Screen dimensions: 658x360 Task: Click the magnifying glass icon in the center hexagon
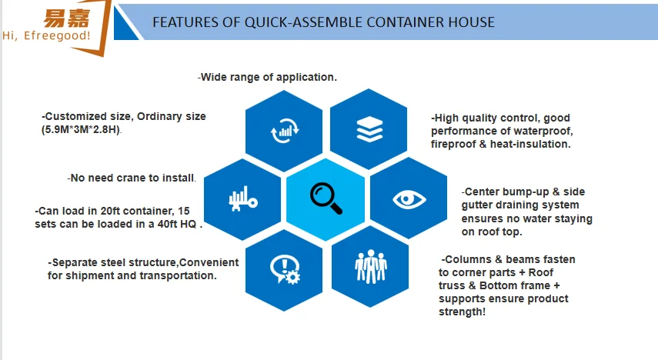click(326, 198)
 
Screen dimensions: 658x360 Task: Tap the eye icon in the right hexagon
click(409, 199)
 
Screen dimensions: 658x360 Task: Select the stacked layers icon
click(369, 129)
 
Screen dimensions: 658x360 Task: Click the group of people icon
click(370, 266)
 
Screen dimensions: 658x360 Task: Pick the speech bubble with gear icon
click(285, 270)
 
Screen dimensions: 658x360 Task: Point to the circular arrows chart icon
click(285, 130)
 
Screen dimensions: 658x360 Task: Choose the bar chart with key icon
click(243, 199)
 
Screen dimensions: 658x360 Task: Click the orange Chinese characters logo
click(67, 18)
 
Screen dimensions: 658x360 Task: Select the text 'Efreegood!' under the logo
click(57, 35)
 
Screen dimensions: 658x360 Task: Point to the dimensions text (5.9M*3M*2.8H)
click(81, 130)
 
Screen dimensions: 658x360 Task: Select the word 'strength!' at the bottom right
click(462, 312)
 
